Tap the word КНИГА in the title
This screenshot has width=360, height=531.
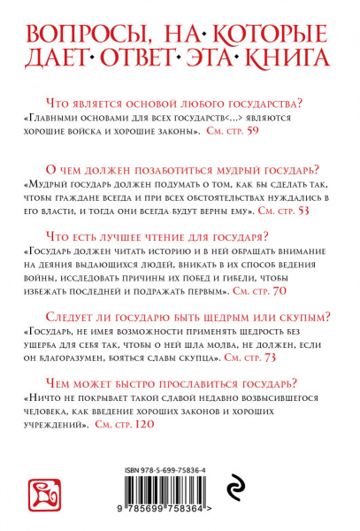pyautogui.click(x=281, y=59)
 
